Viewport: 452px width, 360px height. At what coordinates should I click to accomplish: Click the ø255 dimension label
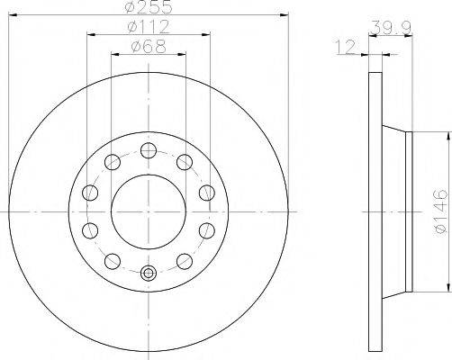[149, 8]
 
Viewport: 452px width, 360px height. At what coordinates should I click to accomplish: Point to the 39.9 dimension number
[388, 27]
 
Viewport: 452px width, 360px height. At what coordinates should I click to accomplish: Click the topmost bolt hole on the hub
[149, 148]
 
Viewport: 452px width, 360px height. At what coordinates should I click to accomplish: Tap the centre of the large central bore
[149, 211]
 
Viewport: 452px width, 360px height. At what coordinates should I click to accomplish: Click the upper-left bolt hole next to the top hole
[112, 162]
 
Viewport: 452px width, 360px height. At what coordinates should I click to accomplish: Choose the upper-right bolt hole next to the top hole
[185, 162]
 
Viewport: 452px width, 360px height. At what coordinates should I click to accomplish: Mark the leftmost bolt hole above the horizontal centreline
[89, 192]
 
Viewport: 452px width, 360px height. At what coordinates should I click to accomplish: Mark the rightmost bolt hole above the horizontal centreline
[207, 192]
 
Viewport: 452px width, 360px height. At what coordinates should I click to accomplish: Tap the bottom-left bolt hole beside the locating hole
[112, 261]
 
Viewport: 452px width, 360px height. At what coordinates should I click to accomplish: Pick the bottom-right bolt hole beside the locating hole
[185, 261]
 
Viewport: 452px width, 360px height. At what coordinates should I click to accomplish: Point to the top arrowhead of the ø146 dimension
[445, 136]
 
